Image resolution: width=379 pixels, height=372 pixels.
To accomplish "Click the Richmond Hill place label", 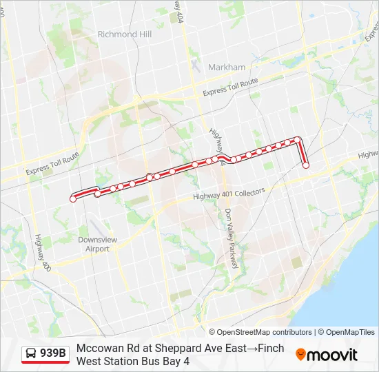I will tap(124, 34).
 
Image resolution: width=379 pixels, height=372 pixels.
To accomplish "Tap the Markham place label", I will tap(227, 68).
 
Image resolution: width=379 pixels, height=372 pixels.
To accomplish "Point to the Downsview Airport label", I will tap(94, 245).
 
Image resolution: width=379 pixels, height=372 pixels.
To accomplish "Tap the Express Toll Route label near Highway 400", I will tap(52, 163).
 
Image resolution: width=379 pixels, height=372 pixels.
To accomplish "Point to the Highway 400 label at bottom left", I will tap(41, 251).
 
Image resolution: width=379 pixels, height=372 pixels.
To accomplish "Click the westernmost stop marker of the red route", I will tap(73, 199).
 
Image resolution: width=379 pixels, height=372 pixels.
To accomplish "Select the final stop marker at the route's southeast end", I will tap(306, 165).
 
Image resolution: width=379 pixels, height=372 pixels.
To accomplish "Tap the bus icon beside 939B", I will tap(31, 354).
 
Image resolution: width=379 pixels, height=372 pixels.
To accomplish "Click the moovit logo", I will tap(327, 355).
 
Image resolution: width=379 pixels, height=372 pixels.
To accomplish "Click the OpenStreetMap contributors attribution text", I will tap(264, 332).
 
